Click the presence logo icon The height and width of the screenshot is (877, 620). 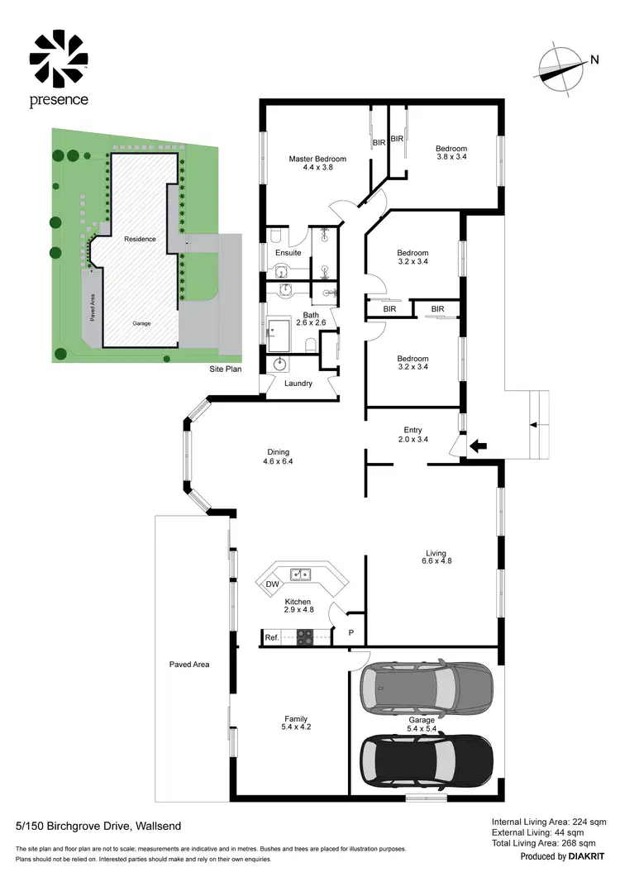tap(59, 59)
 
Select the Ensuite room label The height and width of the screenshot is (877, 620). tap(289, 252)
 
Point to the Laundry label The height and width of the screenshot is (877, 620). tap(298, 384)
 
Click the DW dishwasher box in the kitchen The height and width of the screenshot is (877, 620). tap(272, 584)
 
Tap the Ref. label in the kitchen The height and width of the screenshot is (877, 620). tap(271, 637)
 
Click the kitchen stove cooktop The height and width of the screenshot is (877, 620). tap(304, 637)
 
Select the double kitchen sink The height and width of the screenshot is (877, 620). tap(300, 573)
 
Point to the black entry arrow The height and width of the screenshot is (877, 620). tap(478, 447)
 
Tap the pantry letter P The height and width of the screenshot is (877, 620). tap(351, 632)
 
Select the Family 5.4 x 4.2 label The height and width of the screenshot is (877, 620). tap(295, 722)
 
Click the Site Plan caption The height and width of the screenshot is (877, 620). tap(226, 369)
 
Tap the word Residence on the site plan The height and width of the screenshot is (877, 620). tap(140, 239)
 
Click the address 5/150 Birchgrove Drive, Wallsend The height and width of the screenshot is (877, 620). tap(98, 825)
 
